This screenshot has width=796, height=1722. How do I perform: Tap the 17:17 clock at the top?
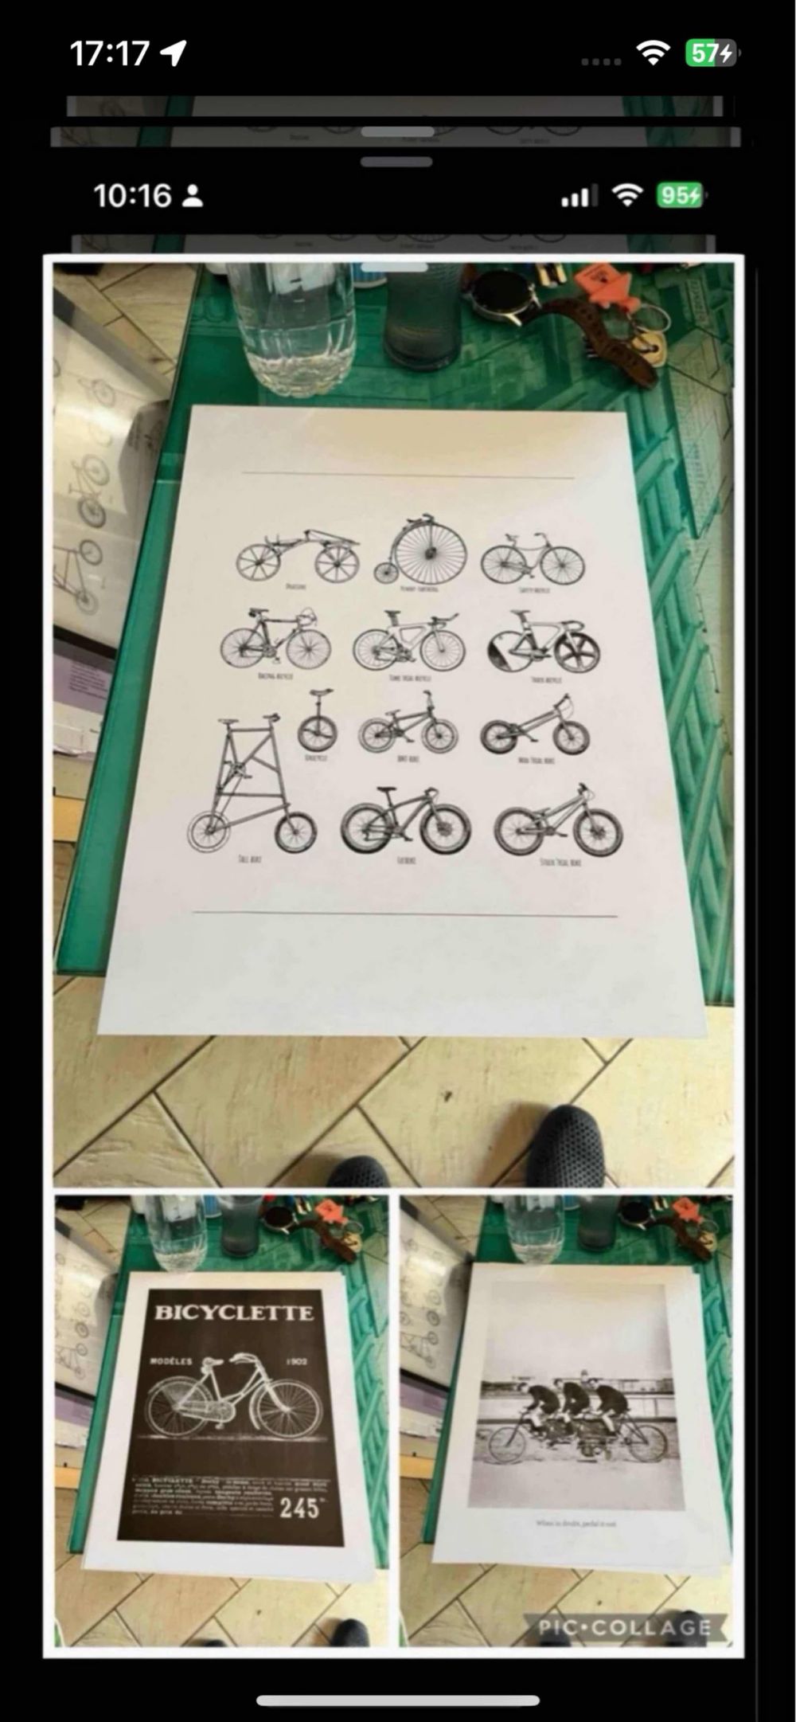pyautogui.click(x=109, y=53)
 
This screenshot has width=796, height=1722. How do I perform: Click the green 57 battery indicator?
pyautogui.click(x=711, y=53)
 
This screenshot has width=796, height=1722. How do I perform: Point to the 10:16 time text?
pyautogui.click(x=132, y=195)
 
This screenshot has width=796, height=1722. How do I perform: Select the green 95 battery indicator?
pyautogui.click(x=679, y=195)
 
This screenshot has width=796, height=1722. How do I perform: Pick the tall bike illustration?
pyautogui.click(x=249, y=789)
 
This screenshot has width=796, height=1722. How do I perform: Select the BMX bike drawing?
pyautogui.click(x=408, y=726)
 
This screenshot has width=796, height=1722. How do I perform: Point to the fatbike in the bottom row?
pyautogui.click(x=405, y=822)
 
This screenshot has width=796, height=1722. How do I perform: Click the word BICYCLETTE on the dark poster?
pyautogui.click(x=233, y=1313)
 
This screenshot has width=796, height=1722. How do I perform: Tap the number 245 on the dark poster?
pyautogui.click(x=299, y=1507)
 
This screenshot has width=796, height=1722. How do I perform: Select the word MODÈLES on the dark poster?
pyautogui.click(x=170, y=1361)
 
